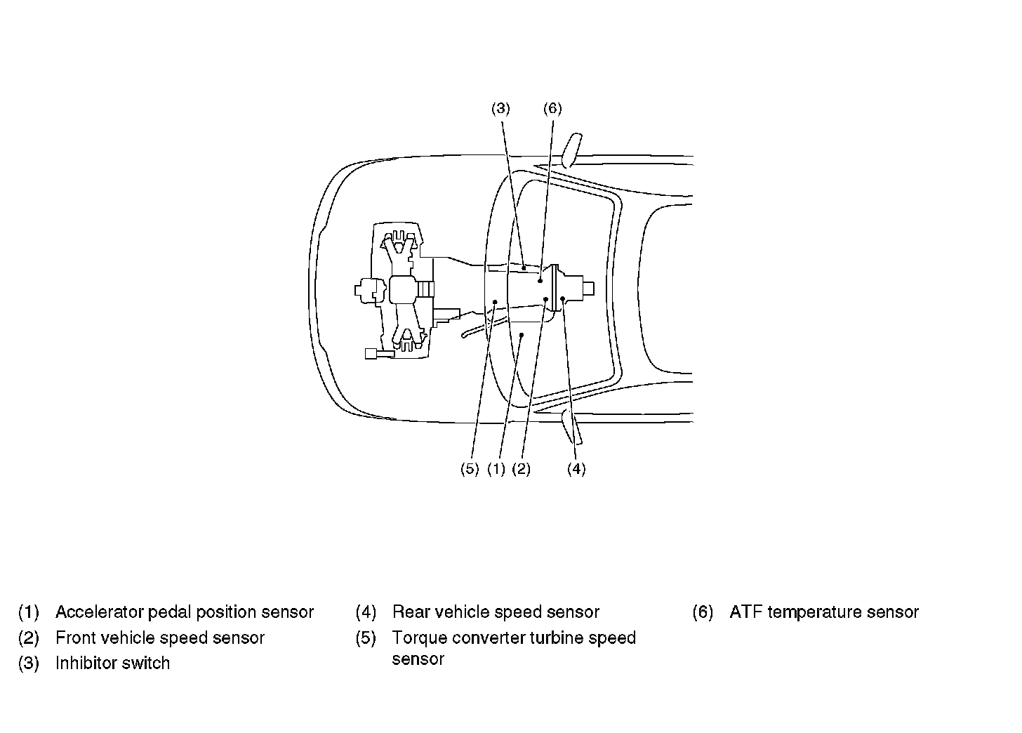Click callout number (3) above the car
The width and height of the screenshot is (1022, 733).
(x=500, y=108)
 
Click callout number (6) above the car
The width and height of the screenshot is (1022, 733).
(x=552, y=108)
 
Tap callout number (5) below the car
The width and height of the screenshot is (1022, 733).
(x=469, y=469)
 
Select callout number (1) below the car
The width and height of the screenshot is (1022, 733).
(x=496, y=469)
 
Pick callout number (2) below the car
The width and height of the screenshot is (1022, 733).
(x=521, y=469)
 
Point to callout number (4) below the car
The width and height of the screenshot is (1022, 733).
(x=576, y=469)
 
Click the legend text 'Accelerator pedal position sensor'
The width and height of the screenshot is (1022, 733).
(x=185, y=612)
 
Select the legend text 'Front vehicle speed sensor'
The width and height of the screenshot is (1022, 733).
(x=160, y=638)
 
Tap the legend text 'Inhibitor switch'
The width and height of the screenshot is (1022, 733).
(x=113, y=663)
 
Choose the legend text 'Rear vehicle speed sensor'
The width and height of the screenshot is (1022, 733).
(x=496, y=612)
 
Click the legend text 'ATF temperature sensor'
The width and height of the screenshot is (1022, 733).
(x=824, y=612)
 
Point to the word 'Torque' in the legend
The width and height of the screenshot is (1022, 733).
(x=420, y=638)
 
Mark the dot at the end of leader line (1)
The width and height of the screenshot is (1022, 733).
(x=522, y=336)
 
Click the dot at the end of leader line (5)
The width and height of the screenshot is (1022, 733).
(x=495, y=302)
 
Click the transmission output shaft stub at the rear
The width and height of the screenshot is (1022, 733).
(x=588, y=288)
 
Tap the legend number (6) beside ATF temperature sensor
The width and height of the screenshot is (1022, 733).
(x=703, y=612)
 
